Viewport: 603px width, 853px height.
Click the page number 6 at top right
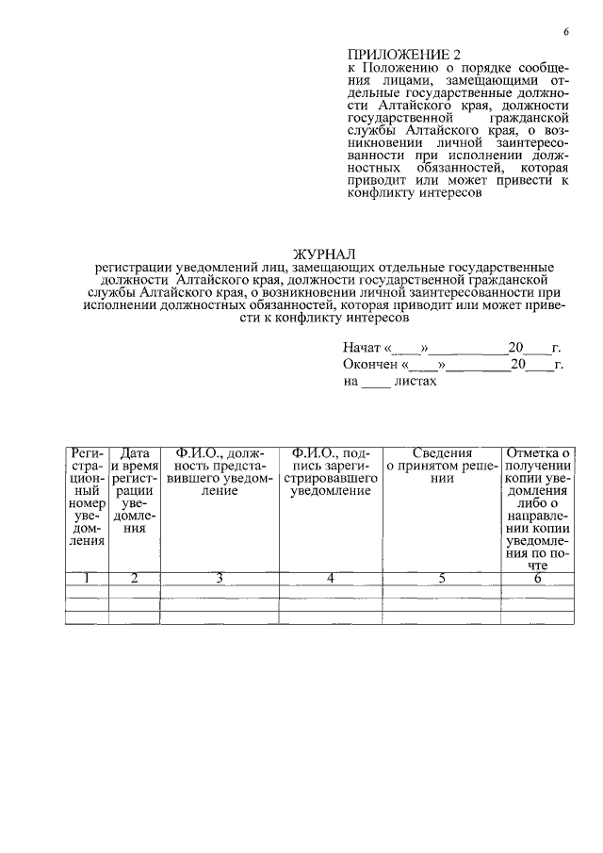(566, 32)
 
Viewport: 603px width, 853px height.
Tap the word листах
(416, 382)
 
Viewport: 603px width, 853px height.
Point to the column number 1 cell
(86, 578)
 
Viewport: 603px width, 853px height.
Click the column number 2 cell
(134, 578)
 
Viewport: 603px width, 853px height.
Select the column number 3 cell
(219, 578)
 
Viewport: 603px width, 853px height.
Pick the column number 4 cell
(331, 578)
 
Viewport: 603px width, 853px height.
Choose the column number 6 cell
(537, 578)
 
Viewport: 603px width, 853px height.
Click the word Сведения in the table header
(442, 453)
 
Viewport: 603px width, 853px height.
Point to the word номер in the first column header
(87, 503)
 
